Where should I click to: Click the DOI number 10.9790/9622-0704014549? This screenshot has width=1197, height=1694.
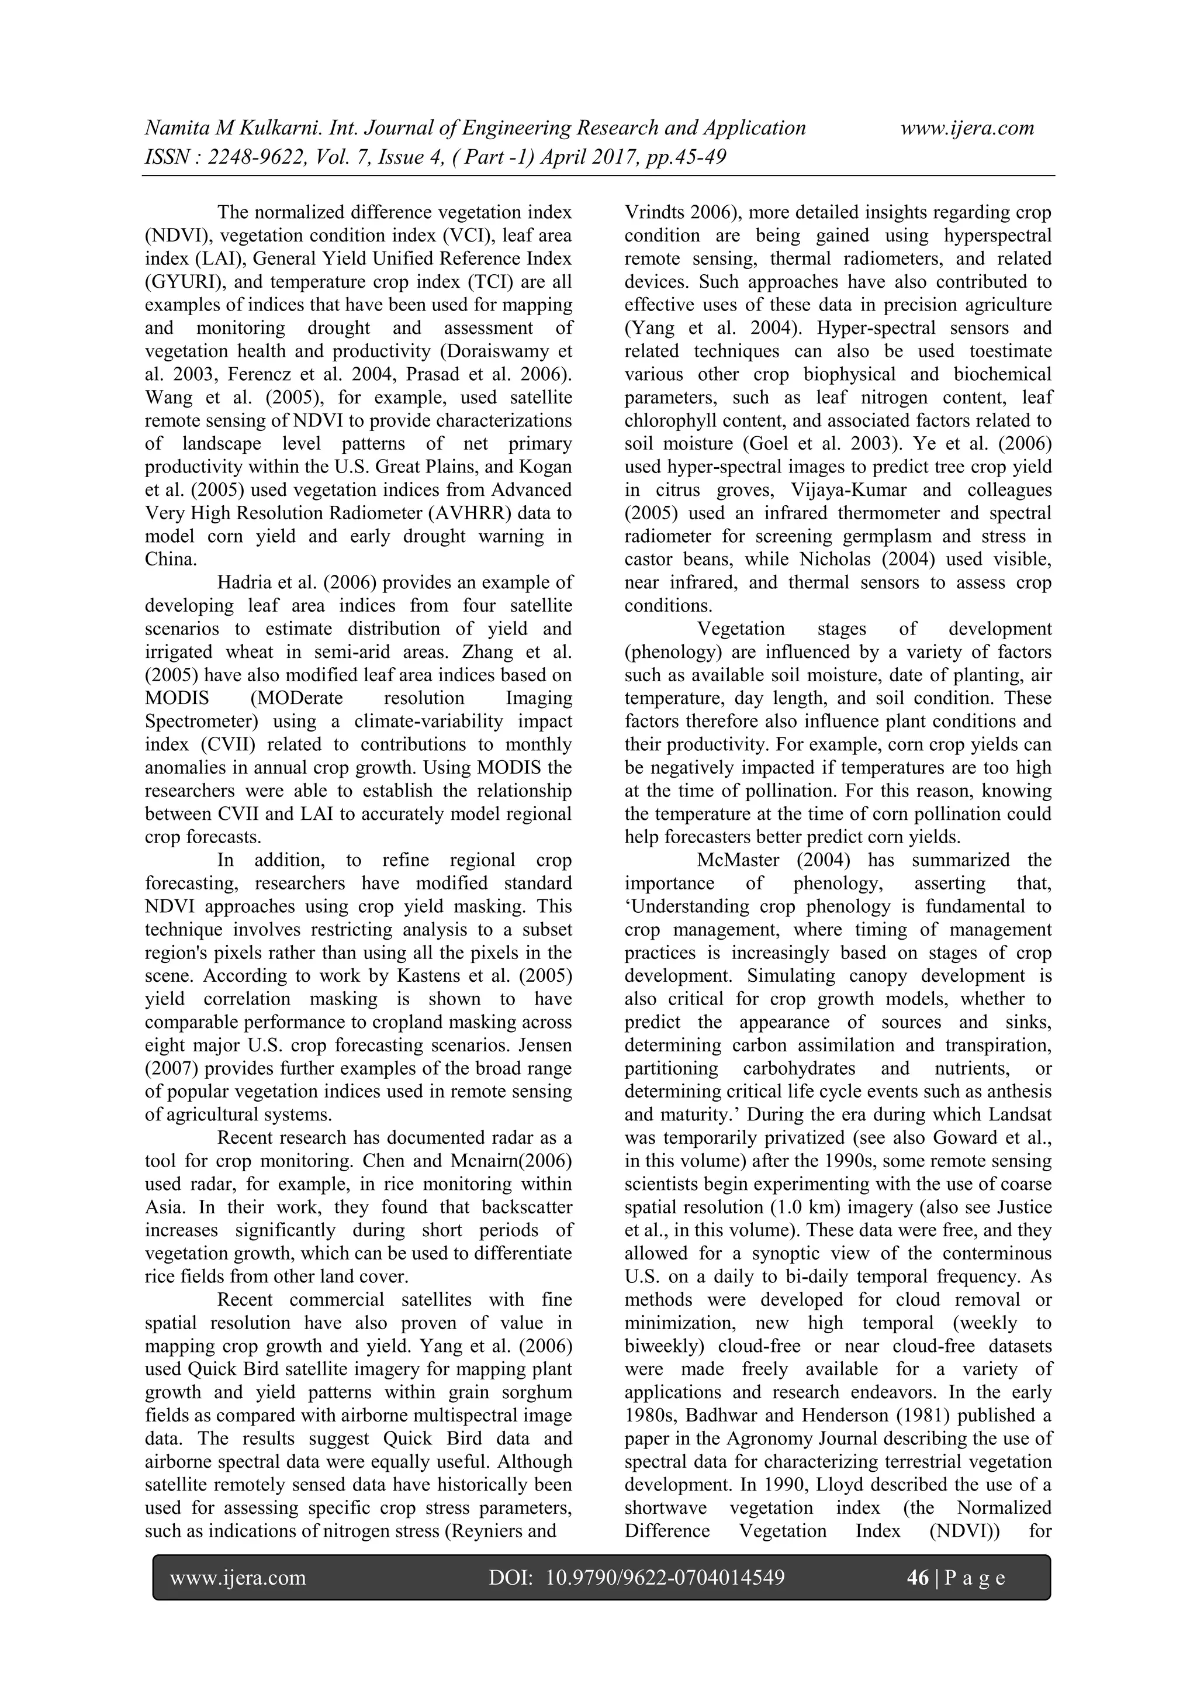click(665, 1578)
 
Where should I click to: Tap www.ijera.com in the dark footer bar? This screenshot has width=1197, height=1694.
click(237, 1578)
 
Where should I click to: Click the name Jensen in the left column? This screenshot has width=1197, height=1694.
click(546, 1045)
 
